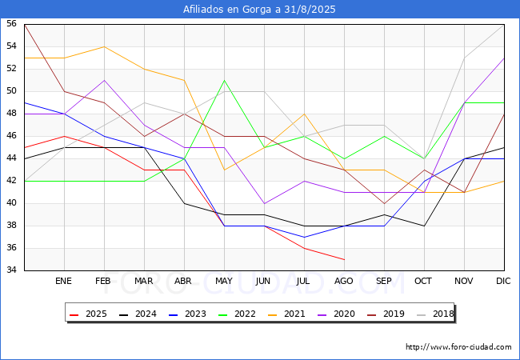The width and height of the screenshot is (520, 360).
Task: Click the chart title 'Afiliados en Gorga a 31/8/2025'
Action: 260,10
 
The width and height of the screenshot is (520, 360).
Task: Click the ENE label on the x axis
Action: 64,281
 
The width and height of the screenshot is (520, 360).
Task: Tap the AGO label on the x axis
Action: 344,281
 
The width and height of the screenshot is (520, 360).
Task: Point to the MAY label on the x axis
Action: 224,281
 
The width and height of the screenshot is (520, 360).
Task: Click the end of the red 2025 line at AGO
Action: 344,259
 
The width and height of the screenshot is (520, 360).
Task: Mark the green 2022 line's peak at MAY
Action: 224,80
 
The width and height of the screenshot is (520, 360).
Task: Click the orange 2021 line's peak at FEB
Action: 104,46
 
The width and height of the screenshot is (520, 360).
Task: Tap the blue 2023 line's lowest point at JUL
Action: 304,237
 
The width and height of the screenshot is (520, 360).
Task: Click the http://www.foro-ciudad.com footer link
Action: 458,347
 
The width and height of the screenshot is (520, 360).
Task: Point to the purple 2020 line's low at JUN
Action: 264,203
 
